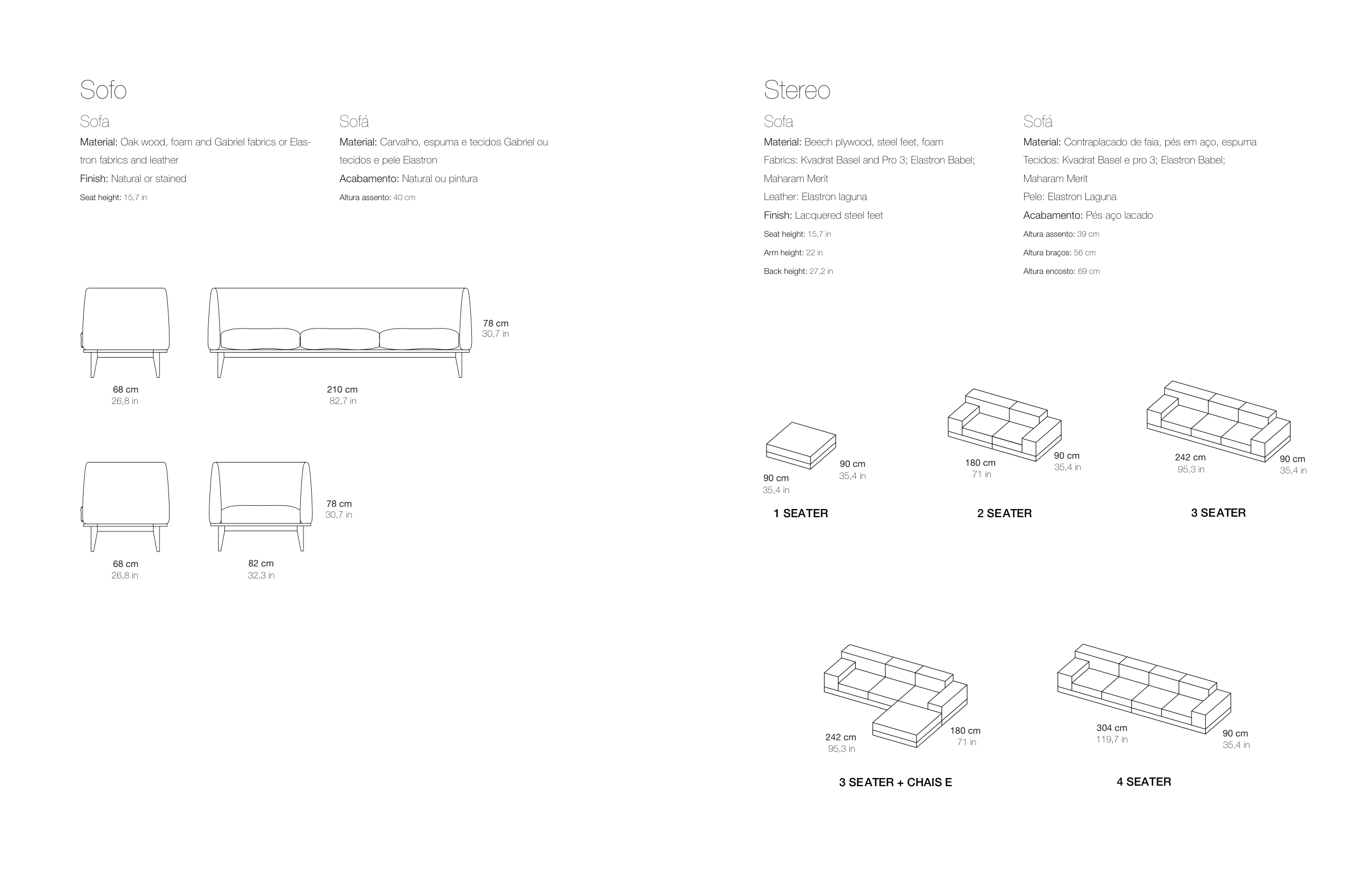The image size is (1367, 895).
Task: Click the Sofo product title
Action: (103, 90)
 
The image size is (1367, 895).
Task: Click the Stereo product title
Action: (797, 90)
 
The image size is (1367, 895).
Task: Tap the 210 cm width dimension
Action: (342, 389)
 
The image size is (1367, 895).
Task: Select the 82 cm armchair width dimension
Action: (261, 564)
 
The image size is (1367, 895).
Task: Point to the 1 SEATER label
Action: (801, 513)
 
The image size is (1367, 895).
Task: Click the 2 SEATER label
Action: (1004, 513)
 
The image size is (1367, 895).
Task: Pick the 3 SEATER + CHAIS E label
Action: (896, 782)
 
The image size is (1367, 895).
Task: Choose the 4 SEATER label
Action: (1143, 781)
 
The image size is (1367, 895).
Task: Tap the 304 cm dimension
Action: (1112, 728)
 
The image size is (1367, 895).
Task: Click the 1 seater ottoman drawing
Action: (801, 446)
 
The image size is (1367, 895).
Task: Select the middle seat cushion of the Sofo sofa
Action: (340, 339)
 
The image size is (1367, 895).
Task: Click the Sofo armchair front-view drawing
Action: (261, 506)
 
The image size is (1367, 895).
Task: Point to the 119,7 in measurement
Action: (1112, 739)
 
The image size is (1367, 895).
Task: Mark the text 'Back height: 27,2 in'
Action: (798, 271)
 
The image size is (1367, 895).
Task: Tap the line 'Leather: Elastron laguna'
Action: (815, 196)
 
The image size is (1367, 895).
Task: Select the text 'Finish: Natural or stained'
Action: (133, 179)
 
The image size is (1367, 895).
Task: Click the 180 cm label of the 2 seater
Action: (980, 463)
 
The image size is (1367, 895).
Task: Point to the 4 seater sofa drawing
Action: (1144, 689)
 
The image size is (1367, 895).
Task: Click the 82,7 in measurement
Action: (343, 401)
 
